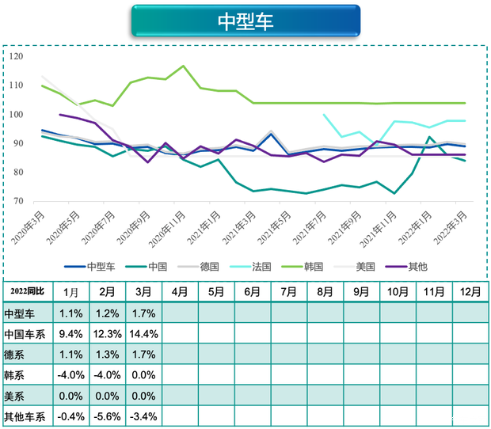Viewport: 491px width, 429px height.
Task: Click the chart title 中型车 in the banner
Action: click(246, 21)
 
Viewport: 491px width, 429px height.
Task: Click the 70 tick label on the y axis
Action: click(20, 201)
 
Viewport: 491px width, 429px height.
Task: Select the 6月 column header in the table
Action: click(253, 292)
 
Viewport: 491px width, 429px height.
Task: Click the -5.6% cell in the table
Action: click(107, 416)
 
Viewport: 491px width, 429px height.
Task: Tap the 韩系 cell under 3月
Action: click(143, 374)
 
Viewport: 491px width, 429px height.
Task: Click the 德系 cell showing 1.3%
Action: click(107, 354)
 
